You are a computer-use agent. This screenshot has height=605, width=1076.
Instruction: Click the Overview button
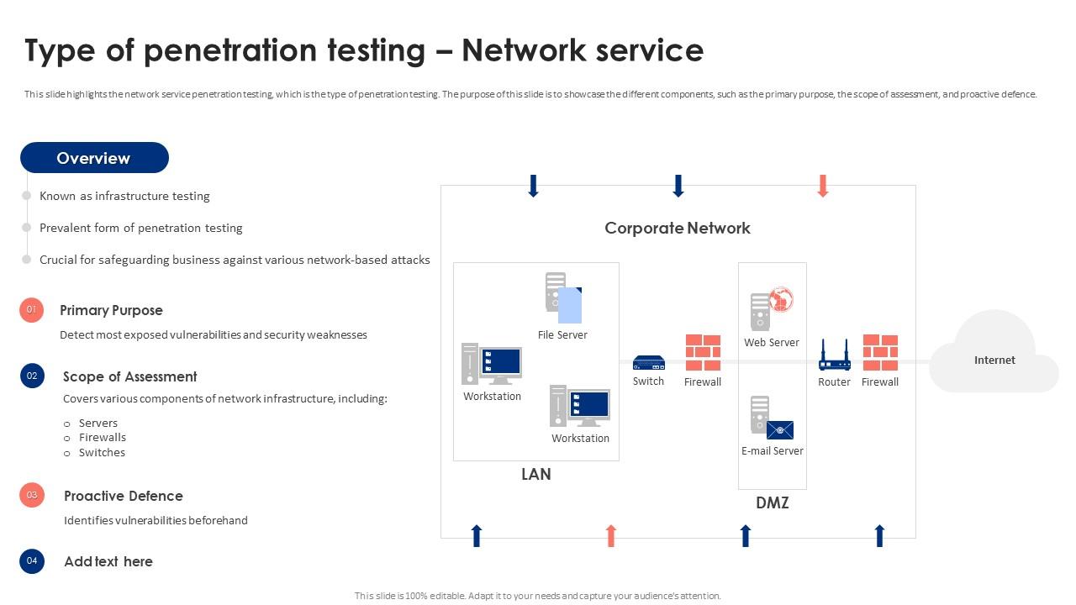94,158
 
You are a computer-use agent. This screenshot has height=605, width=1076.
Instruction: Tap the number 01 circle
31,310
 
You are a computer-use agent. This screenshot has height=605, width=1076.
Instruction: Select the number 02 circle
32,376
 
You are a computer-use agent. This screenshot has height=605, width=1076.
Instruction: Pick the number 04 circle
32,560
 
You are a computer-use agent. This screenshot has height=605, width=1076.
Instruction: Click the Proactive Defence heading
124,496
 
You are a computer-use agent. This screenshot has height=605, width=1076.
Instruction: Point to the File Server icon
563,298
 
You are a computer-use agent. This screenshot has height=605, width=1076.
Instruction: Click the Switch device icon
648,362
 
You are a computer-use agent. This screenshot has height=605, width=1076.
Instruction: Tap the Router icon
835,355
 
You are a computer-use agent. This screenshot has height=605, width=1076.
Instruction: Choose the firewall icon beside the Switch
703,353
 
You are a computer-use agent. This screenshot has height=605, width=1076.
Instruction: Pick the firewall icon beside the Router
880,353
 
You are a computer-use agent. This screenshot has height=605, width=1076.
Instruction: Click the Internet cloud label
994,360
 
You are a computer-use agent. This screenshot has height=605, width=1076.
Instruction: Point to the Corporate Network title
678,228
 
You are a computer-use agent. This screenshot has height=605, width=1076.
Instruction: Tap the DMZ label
772,502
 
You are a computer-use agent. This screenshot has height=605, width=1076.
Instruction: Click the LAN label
535,474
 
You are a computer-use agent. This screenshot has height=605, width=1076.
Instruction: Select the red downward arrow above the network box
823,186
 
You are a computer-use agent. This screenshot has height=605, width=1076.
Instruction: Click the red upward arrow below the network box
611,535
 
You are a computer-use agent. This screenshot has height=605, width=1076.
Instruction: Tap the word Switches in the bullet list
102,452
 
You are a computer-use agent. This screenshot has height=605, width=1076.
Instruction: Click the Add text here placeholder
108,561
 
